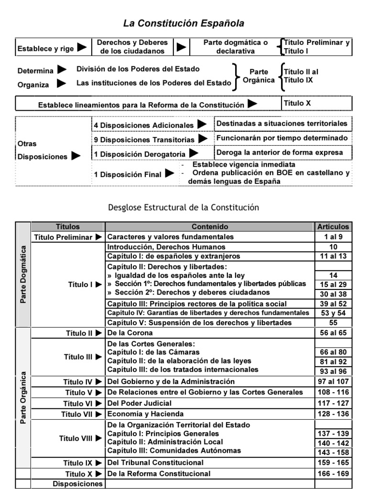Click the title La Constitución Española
tap(184, 23)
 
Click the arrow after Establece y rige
tap(82, 47)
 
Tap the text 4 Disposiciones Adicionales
tap(143, 125)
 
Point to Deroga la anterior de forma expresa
tap(280, 152)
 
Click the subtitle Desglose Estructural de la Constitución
tap(184, 207)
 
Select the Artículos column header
tap(333, 227)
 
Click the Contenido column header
tap(210, 227)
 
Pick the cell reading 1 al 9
tap(333, 236)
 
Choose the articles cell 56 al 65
tap(333, 333)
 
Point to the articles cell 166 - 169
tap(333, 474)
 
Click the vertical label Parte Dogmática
tap(23, 274)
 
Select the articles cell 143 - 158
tap(333, 452)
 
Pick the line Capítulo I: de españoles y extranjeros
tap(173, 256)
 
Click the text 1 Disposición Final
tap(128, 174)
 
